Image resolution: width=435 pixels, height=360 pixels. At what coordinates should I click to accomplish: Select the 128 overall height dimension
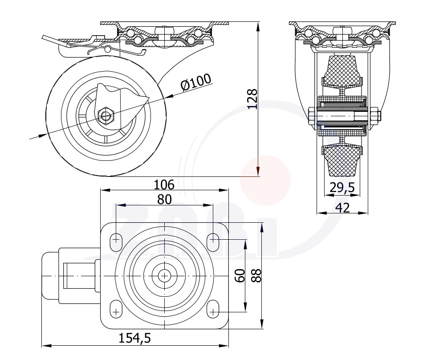click(252, 99)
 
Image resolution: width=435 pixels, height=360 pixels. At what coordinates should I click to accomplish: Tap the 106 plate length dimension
click(164, 184)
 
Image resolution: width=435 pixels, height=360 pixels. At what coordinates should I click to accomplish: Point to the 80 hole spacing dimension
click(164, 199)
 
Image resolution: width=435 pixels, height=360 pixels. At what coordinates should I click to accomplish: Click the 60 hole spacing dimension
click(240, 275)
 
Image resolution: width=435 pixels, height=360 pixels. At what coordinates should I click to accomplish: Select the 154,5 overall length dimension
click(134, 338)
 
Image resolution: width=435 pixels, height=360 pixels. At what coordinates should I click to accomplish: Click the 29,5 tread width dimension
click(342, 188)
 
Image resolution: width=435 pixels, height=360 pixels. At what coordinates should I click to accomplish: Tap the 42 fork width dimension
click(343, 208)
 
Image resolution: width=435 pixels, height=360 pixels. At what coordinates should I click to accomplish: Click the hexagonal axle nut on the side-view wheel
click(106, 115)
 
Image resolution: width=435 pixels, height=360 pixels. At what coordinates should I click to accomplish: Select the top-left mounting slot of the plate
click(116, 242)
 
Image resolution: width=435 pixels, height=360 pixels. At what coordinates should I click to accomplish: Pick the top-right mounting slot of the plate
click(213, 242)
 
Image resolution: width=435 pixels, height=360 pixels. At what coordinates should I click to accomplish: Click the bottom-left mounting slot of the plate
click(116, 309)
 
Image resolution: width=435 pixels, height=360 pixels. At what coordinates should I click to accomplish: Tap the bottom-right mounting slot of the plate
click(213, 309)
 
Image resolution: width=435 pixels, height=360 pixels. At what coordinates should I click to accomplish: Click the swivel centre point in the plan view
click(165, 276)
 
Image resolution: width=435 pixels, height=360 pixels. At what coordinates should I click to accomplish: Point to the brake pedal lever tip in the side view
click(44, 37)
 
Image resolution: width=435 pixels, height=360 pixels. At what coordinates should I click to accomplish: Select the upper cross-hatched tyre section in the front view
click(342, 71)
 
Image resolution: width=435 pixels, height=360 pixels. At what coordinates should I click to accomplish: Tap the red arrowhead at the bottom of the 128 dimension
click(258, 168)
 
